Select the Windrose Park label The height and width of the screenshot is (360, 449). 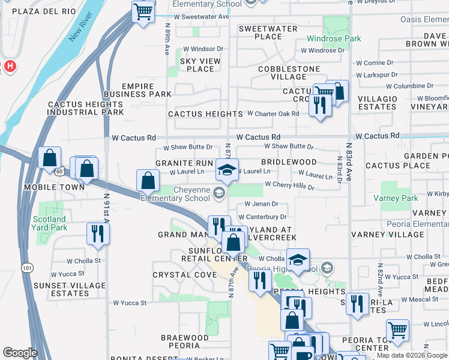(334, 38)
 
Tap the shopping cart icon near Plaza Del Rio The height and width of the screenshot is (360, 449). (143, 11)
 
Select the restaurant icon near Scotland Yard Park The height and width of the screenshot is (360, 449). (95, 233)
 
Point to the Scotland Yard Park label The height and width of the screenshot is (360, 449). (49, 223)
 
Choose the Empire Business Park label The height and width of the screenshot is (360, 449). (137, 91)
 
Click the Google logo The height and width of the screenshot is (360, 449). (20, 353)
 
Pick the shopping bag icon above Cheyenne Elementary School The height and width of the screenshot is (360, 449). (147, 180)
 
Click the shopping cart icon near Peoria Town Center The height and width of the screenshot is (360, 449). (397, 329)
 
